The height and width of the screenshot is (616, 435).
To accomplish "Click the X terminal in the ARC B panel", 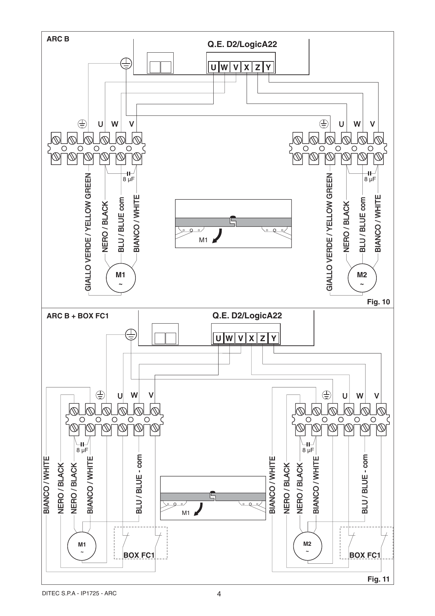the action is tap(247, 67).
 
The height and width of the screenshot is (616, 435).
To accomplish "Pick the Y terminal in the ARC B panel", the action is tap(268, 67).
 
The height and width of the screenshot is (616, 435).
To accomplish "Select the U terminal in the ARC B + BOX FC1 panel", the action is tap(218, 338).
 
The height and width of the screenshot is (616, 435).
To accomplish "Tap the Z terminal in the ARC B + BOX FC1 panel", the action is tap(262, 338).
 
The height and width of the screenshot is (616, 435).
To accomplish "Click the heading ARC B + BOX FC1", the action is tap(78, 316).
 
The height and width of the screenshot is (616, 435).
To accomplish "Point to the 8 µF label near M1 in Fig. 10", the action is tap(128, 179).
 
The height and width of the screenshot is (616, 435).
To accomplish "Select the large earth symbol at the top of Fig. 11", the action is tap(131, 335).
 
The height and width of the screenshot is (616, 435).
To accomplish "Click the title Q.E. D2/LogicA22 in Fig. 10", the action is tap(242, 45).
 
